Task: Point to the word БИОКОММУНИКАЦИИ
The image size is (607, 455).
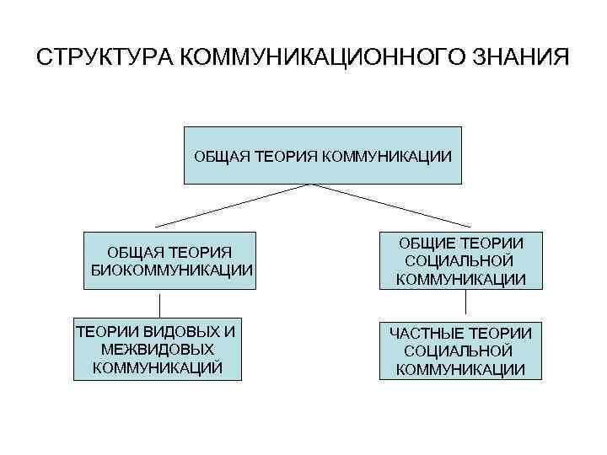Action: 172,270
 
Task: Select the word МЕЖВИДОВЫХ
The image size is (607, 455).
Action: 157,348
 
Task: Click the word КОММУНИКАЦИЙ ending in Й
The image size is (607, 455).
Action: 157,367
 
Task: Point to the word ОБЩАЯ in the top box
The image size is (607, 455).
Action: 219,156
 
